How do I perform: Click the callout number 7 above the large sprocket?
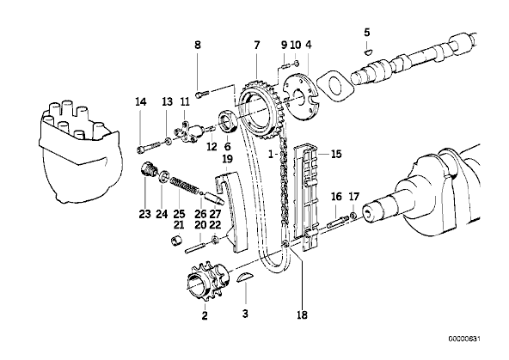257,45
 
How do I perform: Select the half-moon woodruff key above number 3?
245,278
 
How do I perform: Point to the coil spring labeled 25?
184,186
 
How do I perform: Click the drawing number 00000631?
464,339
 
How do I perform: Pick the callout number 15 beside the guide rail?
336,154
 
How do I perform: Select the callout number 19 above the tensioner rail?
228,159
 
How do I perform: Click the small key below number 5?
368,51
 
